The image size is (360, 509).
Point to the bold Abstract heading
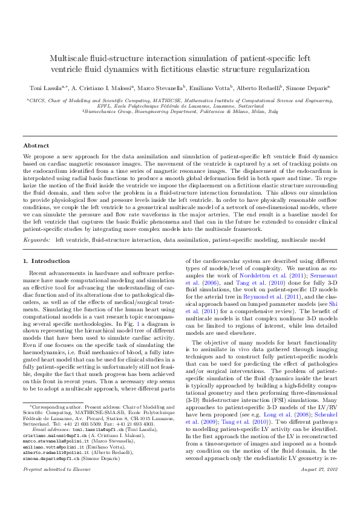click(36, 146)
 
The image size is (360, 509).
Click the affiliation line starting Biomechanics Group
click(180, 112)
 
